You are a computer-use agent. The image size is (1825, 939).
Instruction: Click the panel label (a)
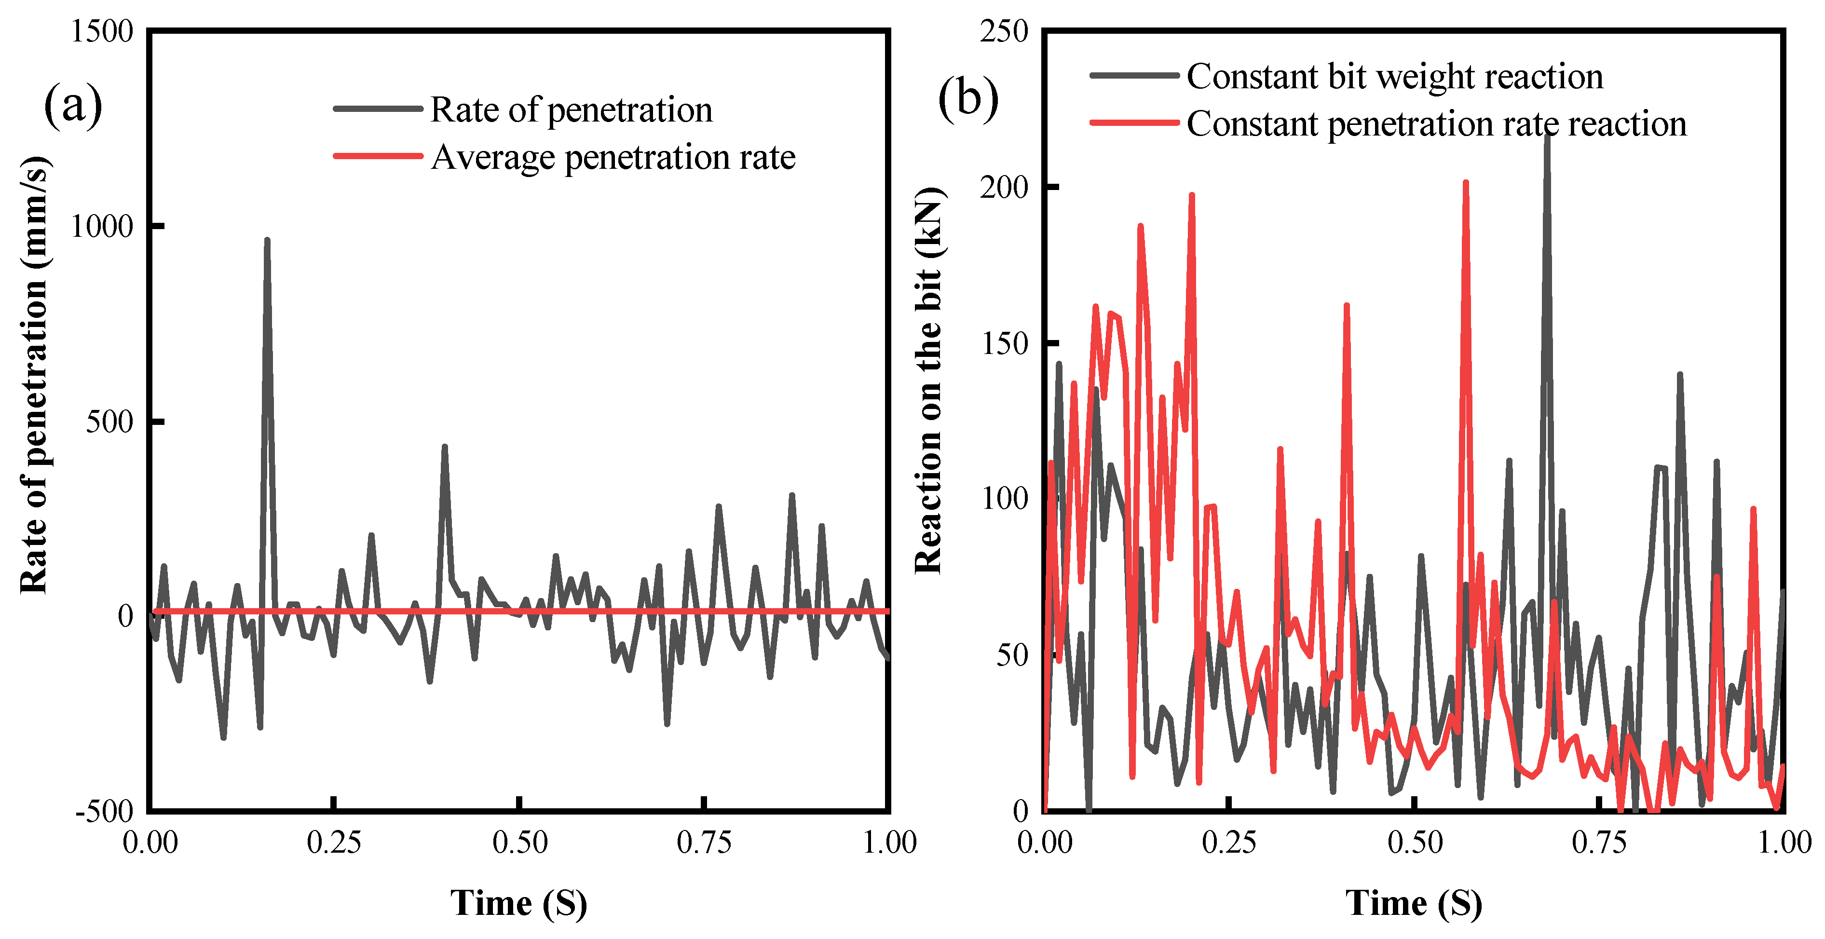click(x=73, y=105)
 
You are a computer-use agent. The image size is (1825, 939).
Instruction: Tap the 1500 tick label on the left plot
click(x=102, y=32)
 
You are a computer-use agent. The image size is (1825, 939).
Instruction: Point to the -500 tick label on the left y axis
click(x=105, y=812)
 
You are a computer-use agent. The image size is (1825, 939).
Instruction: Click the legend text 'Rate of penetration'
click(x=571, y=110)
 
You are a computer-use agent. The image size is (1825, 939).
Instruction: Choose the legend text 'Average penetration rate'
click(x=613, y=157)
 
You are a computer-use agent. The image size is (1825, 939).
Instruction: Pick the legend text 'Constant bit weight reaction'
click(x=1394, y=77)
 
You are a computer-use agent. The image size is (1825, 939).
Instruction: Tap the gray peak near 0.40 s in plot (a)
click(x=445, y=447)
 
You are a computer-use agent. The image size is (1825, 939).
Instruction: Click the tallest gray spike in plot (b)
click(x=1547, y=135)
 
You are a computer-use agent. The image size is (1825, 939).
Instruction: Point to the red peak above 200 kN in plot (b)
click(x=1465, y=183)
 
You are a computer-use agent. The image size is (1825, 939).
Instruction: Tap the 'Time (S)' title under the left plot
click(x=518, y=903)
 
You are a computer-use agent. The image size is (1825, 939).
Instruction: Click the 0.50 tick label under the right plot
click(x=1415, y=844)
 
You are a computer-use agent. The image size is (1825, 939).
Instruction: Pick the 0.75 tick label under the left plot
click(x=704, y=844)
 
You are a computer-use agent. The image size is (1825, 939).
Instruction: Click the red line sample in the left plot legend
click(x=378, y=156)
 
